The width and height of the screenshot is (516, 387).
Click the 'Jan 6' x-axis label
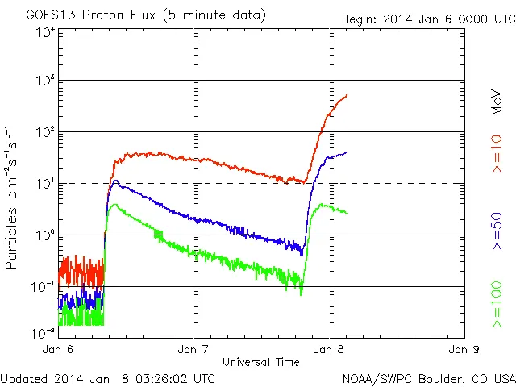click(x=57, y=350)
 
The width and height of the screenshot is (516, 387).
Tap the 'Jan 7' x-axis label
click(x=193, y=350)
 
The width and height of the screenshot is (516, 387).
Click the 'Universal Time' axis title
click(x=261, y=361)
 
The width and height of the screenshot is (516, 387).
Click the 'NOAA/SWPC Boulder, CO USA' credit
click(x=428, y=378)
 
